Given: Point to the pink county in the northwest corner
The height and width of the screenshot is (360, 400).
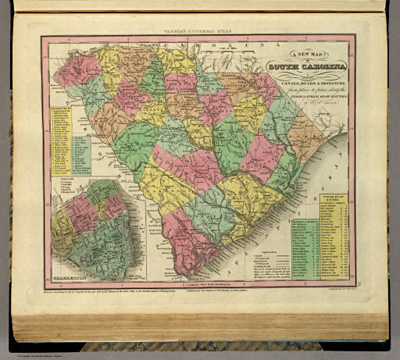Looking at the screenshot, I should point(76,69).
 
